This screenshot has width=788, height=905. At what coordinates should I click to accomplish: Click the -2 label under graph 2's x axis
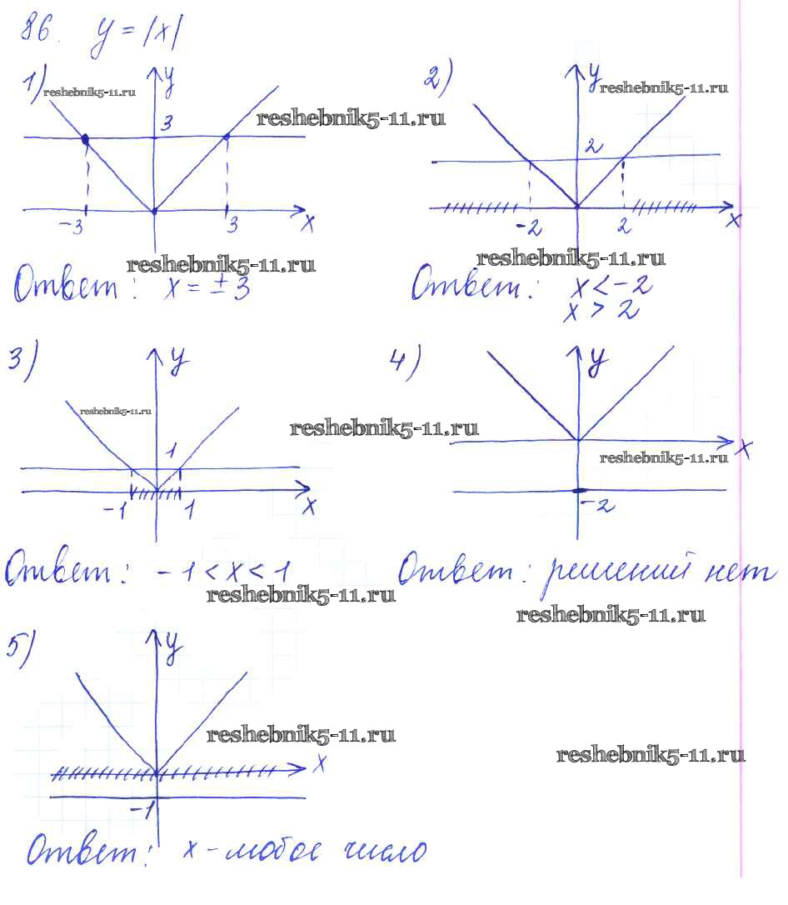(527, 227)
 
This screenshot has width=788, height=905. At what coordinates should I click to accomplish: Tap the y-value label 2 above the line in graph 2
(592, 147)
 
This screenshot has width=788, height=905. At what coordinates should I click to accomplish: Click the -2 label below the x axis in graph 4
(598, 504)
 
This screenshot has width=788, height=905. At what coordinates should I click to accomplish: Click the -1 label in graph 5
(142, 808)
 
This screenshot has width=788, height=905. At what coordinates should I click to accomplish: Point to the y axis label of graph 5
(172, 648)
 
